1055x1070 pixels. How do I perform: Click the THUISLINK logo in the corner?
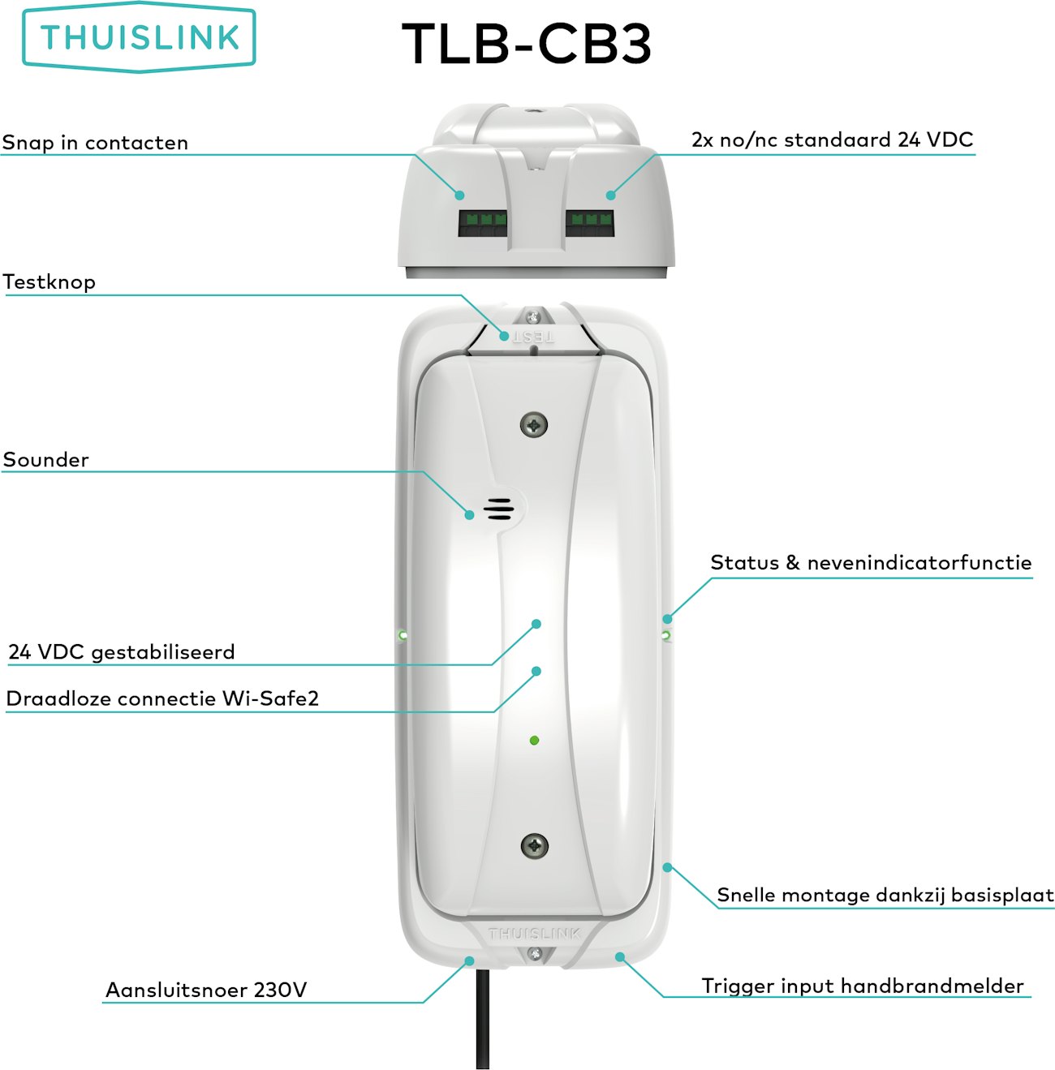click(139, 38)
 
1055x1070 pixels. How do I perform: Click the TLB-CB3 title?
click(527, 44)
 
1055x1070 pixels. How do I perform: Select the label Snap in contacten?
click(95, 143)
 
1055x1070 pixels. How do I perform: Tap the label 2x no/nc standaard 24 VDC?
click(832, 140)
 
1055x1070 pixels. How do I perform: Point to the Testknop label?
click(50, 282)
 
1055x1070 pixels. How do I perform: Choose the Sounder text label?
click(46, 460)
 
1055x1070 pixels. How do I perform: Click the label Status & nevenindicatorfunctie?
click(871, 563)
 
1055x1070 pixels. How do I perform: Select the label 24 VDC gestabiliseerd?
click(122, 652)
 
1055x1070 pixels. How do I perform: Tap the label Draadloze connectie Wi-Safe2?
click(162, 698)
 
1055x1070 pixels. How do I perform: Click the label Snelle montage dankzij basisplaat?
click(885, 895)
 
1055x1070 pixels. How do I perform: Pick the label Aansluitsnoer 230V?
click(206, 990)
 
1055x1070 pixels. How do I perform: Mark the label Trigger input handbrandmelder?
click(863, 986)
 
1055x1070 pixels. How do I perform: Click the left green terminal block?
click(483, 223)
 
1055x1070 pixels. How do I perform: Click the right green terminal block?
click(589, 223)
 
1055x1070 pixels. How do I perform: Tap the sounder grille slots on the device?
click(498, 509)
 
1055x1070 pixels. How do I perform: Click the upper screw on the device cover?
click(534, 424)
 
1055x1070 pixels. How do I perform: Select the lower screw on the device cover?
click(534, 845)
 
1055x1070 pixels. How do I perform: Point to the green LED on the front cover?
click(534, 740)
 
